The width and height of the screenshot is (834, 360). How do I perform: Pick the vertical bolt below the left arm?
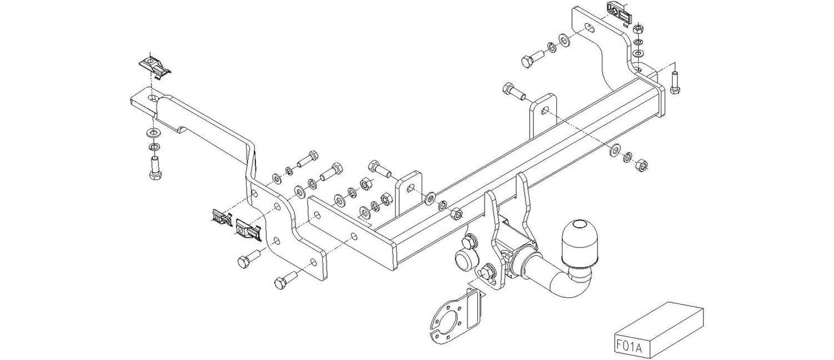tap(155, 167)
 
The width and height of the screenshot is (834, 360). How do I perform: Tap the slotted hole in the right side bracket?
tap(590, 27)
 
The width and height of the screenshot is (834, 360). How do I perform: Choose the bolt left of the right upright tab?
tap(513, 92)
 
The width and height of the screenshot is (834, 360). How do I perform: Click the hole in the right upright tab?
tap(544, 110)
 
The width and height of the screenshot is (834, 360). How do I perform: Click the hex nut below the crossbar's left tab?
tap(456, 214)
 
